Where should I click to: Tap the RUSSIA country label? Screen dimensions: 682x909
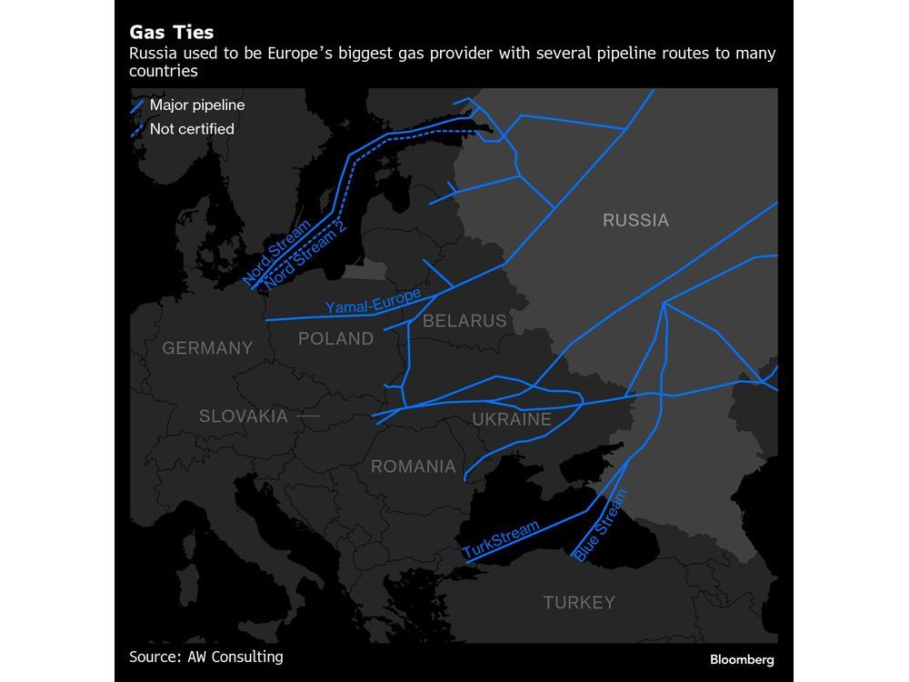tap(635, 220)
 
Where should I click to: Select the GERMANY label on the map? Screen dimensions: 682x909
tap(207, 347)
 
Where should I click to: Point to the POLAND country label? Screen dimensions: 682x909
tap(335, 339)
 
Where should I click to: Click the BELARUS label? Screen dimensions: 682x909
tap(464, 321)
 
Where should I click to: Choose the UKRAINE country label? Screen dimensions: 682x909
tap(512, 419)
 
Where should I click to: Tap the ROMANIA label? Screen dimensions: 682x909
tap(413, 467)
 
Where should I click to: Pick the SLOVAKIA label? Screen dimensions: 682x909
tap(243, 416)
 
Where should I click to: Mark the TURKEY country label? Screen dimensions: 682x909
tap(579, 602)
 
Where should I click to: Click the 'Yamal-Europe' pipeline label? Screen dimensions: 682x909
tap(374, 301)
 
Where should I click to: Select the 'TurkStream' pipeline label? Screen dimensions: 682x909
tap(501, 539)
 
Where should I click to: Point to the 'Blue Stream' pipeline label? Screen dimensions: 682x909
tap(601, 526)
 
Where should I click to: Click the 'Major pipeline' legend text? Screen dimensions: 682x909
tap(197, 105)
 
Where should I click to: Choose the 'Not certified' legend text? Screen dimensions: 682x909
tap(192, 129)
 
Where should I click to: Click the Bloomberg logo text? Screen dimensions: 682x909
tap(742, 659)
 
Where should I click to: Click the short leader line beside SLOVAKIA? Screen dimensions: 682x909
tap(308, 416)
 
